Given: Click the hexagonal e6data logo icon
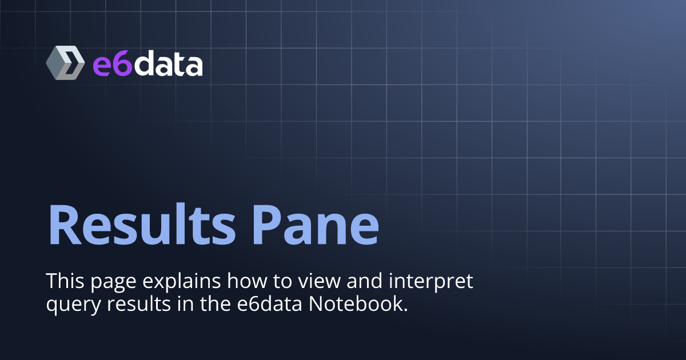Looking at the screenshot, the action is point(65,63).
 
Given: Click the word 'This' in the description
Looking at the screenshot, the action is point(65,281).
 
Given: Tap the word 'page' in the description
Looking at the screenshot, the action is point(113,283).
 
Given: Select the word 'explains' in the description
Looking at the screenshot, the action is point(182,282).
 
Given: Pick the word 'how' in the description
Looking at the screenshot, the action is point(246,281).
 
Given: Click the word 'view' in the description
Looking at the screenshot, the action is point(319,281).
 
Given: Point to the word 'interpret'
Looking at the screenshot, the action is point(431,282).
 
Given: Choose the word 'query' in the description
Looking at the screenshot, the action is point(74,306).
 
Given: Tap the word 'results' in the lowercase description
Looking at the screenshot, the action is point(139,304).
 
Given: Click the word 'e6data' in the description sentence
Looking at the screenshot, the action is point(269,304).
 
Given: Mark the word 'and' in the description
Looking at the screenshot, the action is point(365,281).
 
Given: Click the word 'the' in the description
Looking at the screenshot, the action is point(216,304).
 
